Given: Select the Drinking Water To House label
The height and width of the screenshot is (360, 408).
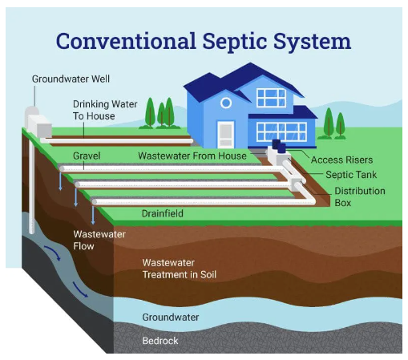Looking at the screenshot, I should tap(105, 110).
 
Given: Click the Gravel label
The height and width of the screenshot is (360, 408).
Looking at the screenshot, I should tap(86, 153).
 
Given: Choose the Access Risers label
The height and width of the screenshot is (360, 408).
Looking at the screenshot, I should tap(342, 160).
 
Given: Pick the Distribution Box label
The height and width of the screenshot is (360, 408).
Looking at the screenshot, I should tap(359, 196).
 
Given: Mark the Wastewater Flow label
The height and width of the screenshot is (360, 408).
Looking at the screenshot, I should tap(95, 240).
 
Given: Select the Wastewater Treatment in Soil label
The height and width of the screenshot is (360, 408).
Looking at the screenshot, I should tap(179, 269).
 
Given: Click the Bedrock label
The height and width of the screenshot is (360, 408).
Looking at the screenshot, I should tap(160, 341).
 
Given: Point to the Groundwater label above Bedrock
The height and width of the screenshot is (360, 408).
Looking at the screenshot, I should tap(170, 318).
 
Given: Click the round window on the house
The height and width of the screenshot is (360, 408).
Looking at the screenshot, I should tap(226, 103).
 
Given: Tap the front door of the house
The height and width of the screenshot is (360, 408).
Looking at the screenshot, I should tap(226, 133).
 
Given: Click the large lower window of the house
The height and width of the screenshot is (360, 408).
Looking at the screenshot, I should tap(281, 131).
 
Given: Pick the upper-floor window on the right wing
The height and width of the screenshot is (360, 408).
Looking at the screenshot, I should tap(271, 98).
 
